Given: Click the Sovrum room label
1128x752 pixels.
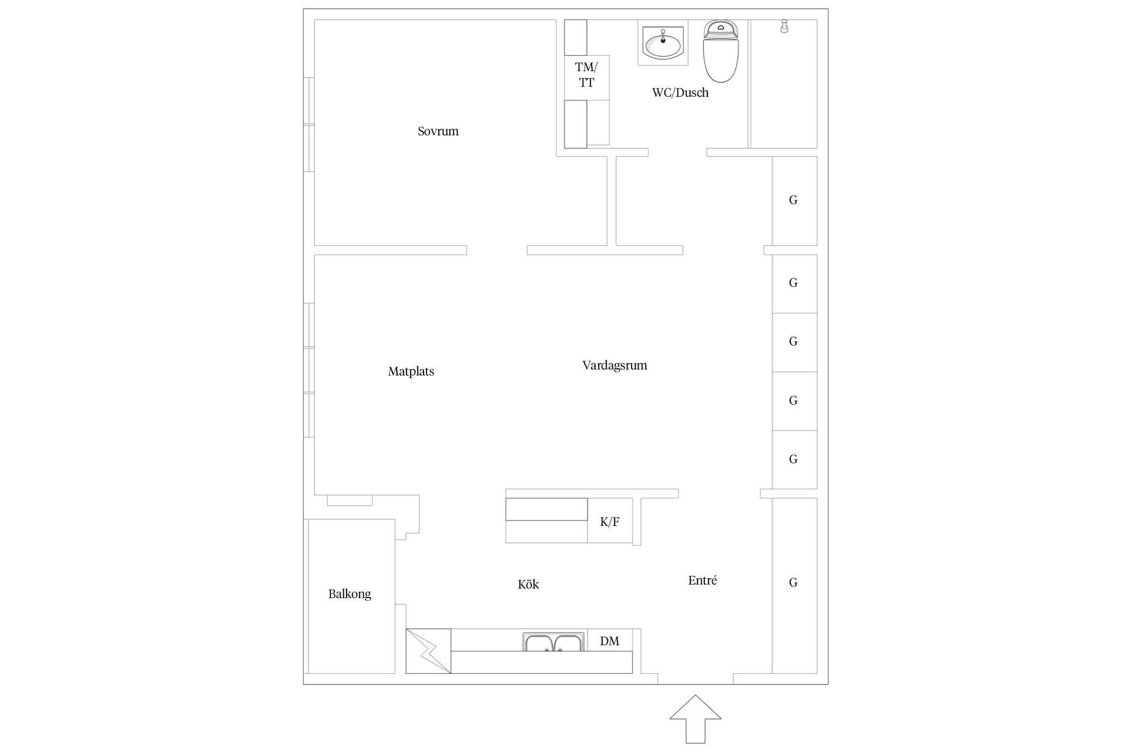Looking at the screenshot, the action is coord(438,131).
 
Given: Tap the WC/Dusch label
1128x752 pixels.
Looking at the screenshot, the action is coord(680,93).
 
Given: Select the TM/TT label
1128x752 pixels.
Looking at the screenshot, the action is coord(586,75).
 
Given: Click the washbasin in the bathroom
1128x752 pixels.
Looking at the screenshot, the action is coord(663,43).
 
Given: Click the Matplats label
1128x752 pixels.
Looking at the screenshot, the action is coord(411,371).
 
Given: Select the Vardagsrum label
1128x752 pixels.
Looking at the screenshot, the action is coord(615,365).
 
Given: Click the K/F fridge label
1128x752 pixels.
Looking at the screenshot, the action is coord(610,522).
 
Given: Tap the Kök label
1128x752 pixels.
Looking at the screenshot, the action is coord(528,584).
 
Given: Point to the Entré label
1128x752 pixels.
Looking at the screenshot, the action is coord(703,580).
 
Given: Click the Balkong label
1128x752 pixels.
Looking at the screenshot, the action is coord(350,594).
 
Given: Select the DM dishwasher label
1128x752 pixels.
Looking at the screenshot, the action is coord(610,641).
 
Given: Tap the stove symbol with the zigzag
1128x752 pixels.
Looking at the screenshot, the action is coord(428,651).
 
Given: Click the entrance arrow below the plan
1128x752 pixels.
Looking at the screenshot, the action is coord(696,719).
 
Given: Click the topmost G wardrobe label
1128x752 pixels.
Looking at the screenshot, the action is coord(793,200).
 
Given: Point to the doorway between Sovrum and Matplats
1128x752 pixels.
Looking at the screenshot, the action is coord(497,250).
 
